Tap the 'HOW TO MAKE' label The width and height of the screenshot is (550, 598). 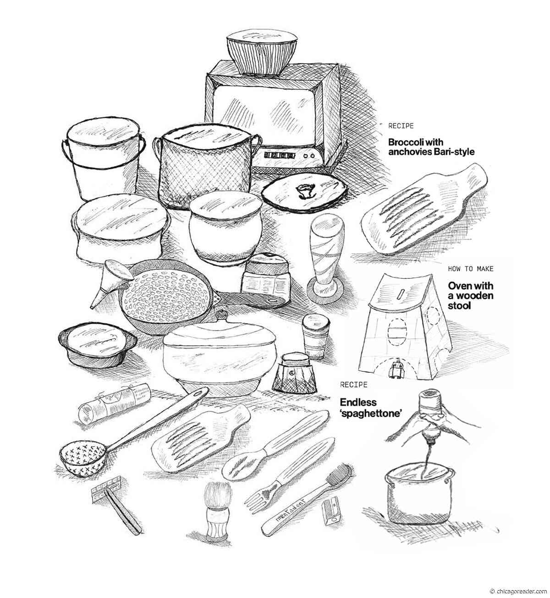[471, 269]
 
